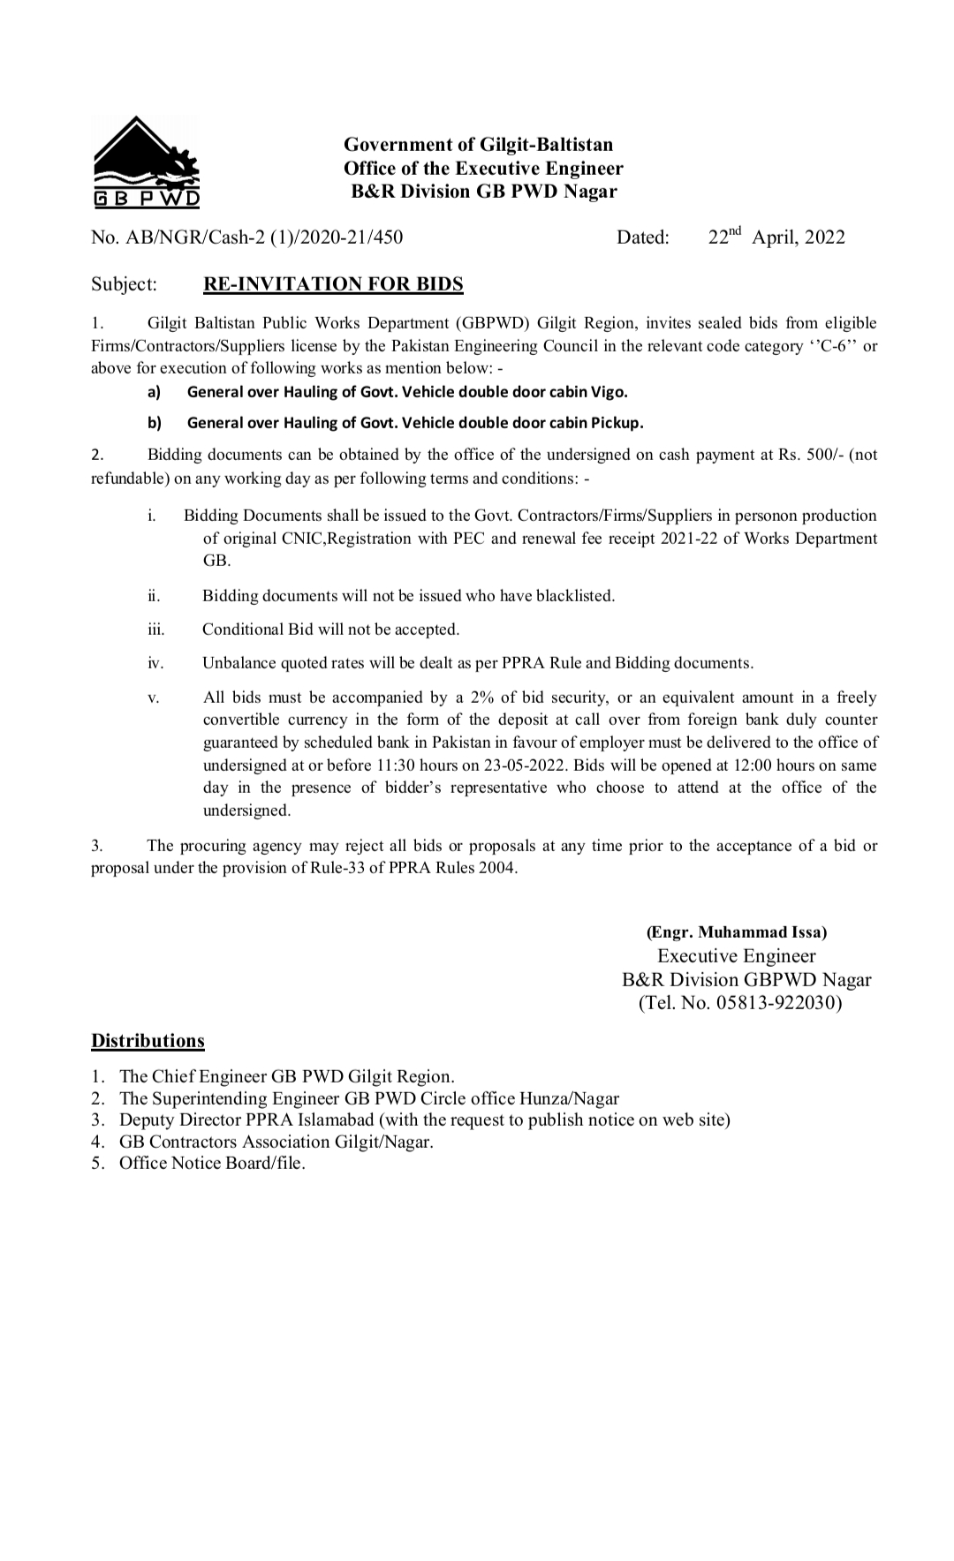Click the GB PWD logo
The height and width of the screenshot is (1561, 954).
pos(147,162)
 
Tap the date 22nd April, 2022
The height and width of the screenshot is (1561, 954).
pos(776,237)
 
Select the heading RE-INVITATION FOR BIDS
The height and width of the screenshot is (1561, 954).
pos(333,283)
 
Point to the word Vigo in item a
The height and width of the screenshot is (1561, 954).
pos(609,391)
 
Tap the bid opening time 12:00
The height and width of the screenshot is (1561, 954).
pos(752,765)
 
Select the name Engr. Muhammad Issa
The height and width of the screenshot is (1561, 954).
pos(737,931)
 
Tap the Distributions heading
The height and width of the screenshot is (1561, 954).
pos(148,1041)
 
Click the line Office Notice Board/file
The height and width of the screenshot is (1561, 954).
pos(212,1163)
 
